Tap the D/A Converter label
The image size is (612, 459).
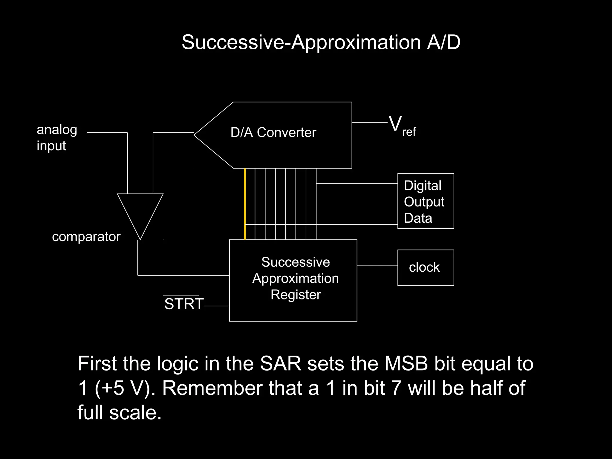click(273, 132)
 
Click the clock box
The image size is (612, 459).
click(426, 267)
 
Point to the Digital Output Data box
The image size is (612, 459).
click(426, 201)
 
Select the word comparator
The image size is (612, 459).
click(86, 237)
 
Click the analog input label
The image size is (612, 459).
click(57, 138)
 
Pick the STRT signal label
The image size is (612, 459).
click(183, 304)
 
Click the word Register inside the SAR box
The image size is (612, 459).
click(296, 295)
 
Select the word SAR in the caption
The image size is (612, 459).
click(280, 364)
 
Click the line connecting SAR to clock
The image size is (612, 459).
click(377, 265)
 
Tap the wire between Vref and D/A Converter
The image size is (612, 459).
click(369, 122)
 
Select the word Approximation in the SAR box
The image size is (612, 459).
click(296, 279)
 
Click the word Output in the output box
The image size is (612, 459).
click(424, 202)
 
